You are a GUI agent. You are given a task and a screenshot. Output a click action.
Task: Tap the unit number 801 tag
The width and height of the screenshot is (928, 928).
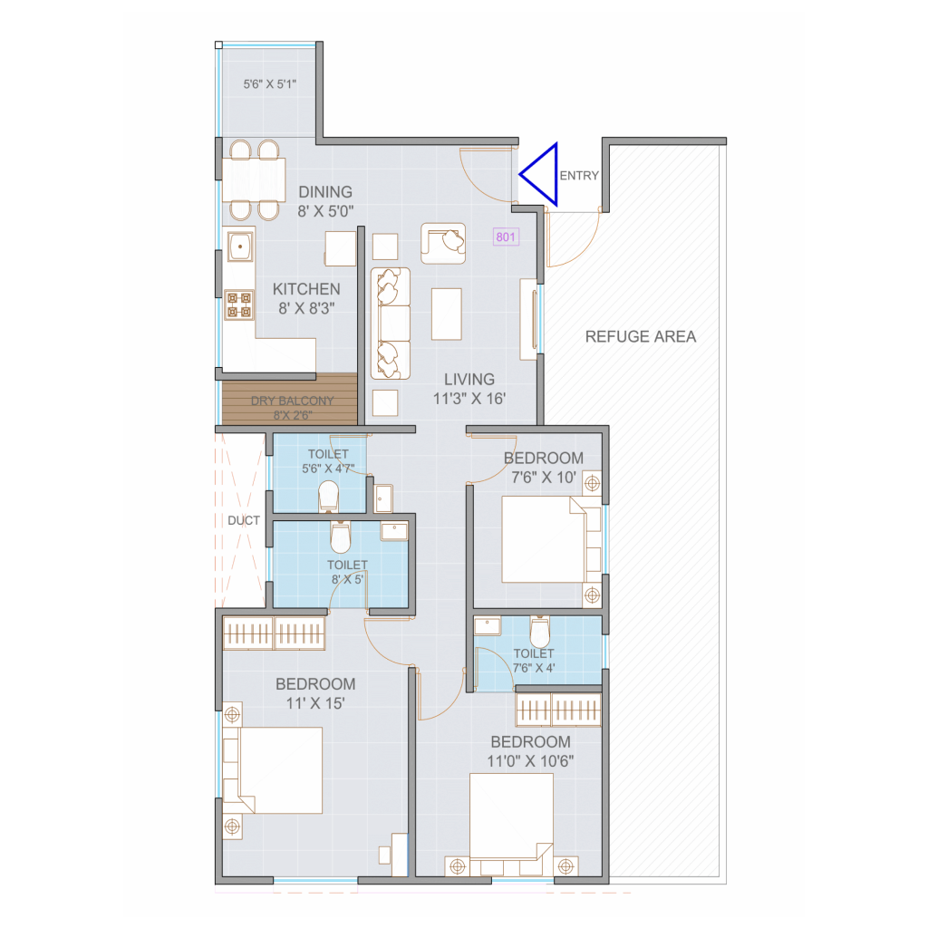pos(506,237)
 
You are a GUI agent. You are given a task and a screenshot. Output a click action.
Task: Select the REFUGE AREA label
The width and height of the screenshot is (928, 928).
pos(641,337)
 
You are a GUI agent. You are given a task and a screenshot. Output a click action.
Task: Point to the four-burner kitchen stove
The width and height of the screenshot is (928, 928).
pos(239,304)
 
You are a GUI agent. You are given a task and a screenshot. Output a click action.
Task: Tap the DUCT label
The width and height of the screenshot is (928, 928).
pos(244,521)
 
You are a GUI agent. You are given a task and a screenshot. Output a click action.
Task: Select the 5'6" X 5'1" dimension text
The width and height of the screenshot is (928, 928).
pos(270,84)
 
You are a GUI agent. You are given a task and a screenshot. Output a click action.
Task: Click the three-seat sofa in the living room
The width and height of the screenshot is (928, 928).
pos(390,324)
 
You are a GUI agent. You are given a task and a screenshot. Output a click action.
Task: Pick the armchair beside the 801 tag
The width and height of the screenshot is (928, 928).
pos(443,243)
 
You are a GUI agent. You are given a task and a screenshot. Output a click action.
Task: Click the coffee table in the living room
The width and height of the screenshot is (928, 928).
pos(446,314)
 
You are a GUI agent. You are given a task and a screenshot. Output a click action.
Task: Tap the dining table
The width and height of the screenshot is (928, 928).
pos(254,180)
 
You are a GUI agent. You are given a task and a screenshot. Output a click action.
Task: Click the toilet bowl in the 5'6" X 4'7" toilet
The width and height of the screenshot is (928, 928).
pos(328,496)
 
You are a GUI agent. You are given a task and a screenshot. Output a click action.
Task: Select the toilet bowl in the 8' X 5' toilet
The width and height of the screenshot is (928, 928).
pos(341,536)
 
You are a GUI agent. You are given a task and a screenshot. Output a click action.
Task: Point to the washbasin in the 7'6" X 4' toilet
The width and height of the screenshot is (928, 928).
pos(487,625)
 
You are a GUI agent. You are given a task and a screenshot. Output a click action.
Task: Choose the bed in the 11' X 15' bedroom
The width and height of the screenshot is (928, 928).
pos(273,770)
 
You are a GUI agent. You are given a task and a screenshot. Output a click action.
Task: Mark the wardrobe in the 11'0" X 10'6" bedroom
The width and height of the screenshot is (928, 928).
pos(558,709)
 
